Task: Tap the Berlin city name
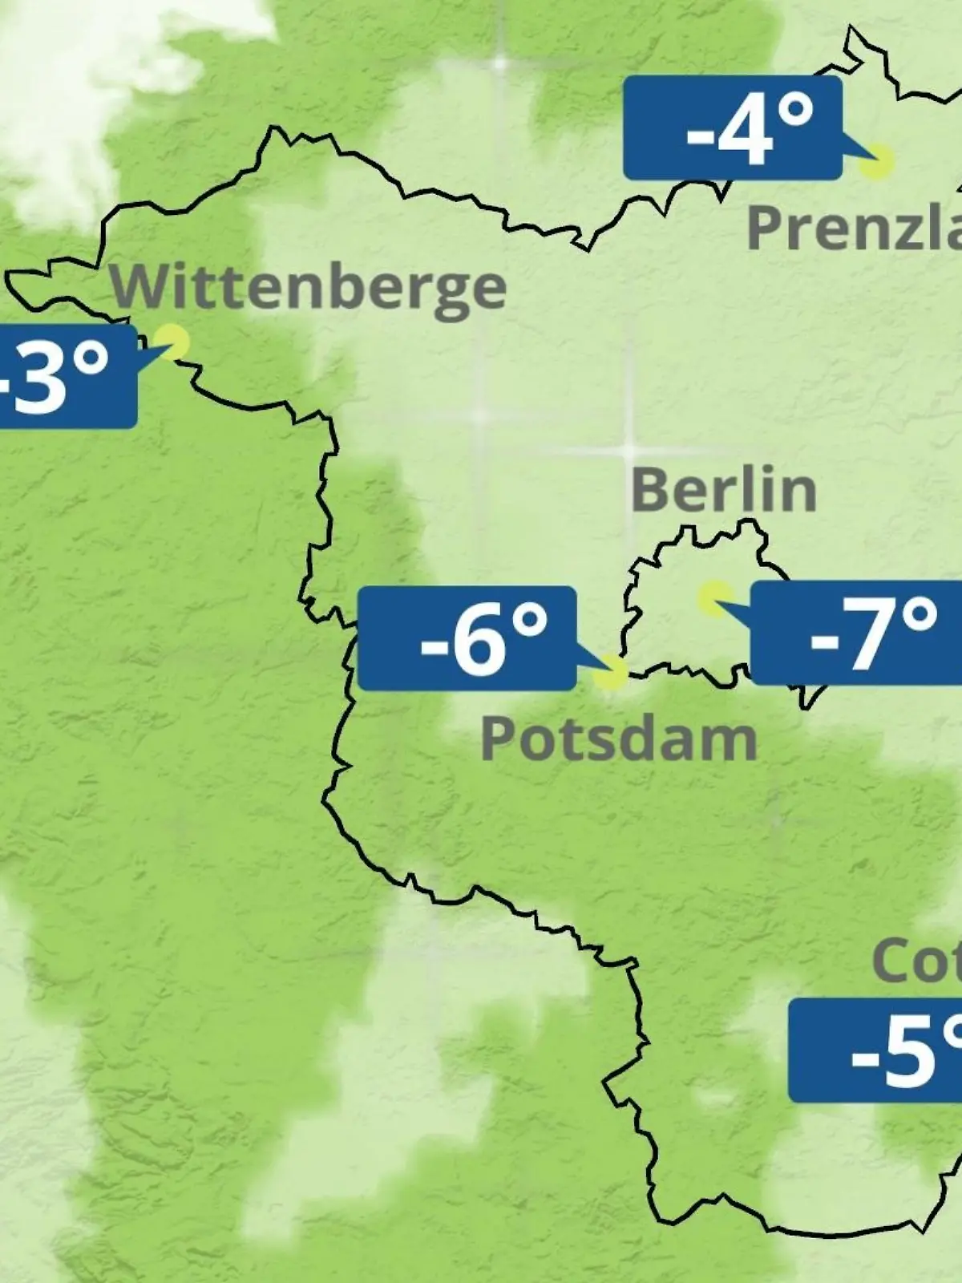coord(723,490)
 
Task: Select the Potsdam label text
coord(618,739)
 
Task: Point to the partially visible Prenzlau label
coord(854,229)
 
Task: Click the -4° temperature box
coord(733,128)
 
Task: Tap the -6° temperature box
coord(467,638)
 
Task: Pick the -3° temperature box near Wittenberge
coord(64,375)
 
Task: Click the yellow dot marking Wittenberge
coord(172,341)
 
